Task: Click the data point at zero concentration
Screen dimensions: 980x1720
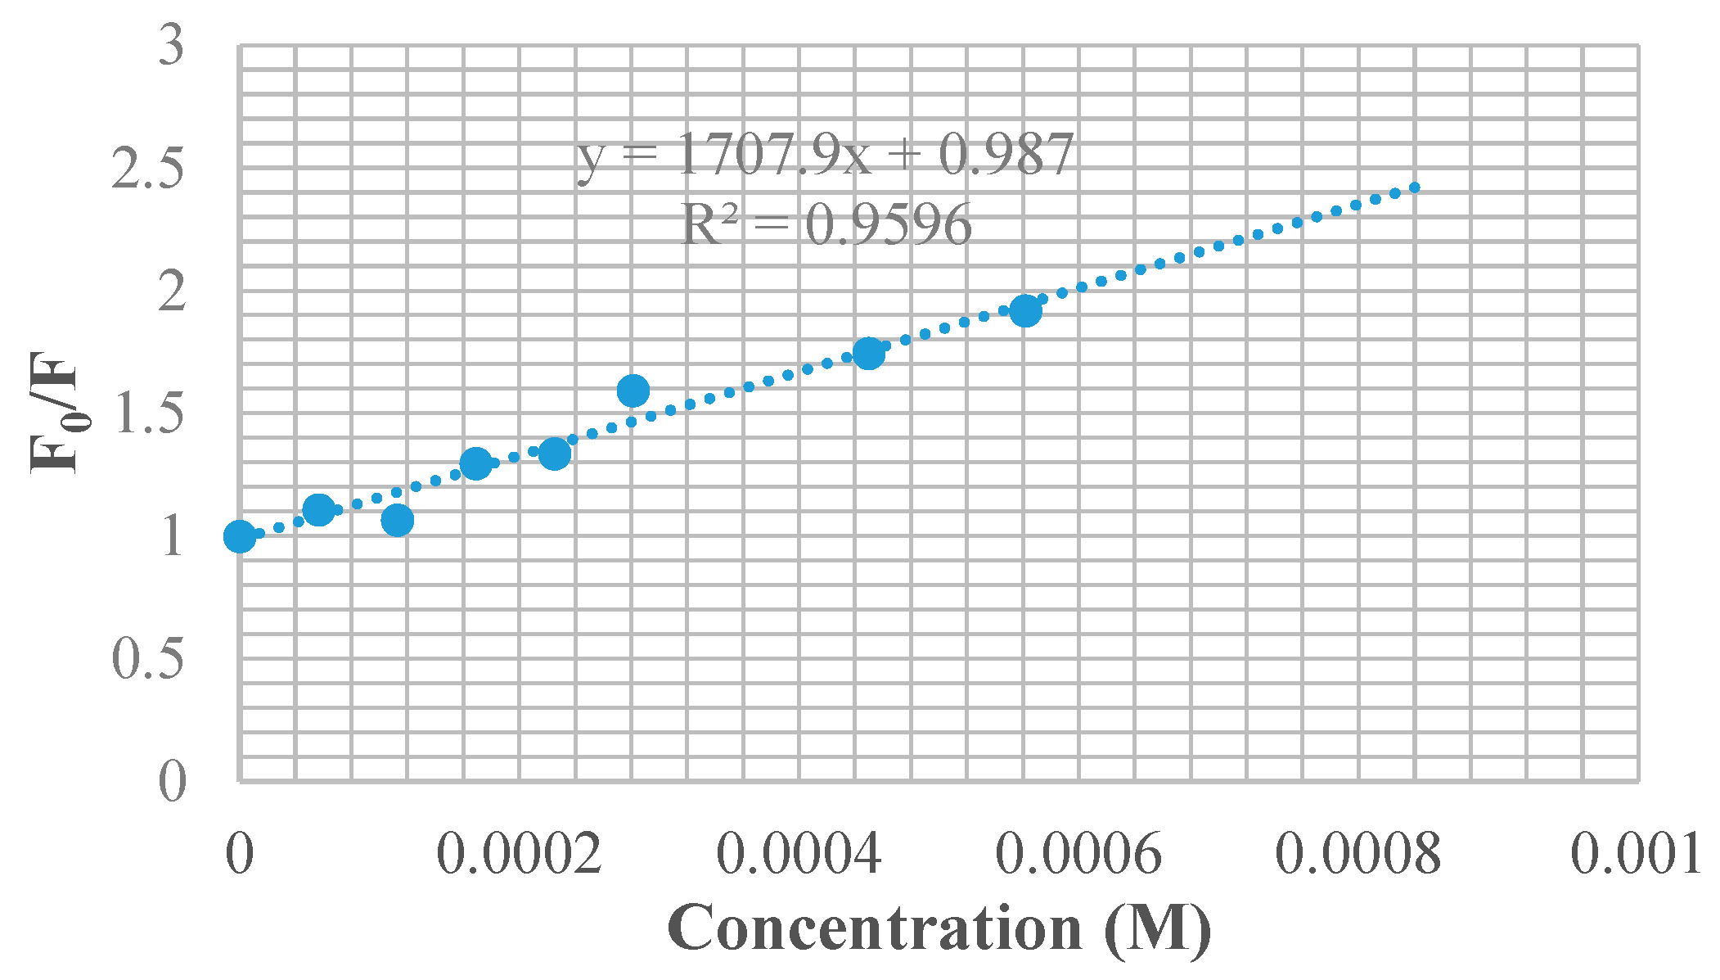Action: tap(240, 536)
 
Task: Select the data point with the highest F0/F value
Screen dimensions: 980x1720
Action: tap(1025, 310)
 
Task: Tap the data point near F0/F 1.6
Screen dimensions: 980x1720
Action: tap(633, 391)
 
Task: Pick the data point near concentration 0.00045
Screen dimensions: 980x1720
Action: tap(868, 353)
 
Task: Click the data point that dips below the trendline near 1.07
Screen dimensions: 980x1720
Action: tap(397, 520)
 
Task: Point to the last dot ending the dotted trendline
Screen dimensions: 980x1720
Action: tap(1415, 187)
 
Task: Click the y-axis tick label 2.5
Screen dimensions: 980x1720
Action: tap(148, 169)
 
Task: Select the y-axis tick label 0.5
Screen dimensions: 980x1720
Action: tap(148, 658)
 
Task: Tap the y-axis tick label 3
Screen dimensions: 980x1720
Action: tap(172, 46)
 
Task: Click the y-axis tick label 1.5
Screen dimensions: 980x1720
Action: tap(148, 413)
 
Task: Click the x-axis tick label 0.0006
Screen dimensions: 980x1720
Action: tap(1078, 854)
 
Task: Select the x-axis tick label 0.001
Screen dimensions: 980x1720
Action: tap(1636, 854)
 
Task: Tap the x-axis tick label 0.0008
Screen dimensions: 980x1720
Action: tap(1358, 854)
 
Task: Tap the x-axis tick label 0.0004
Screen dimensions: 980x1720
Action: tap(799, 854)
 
